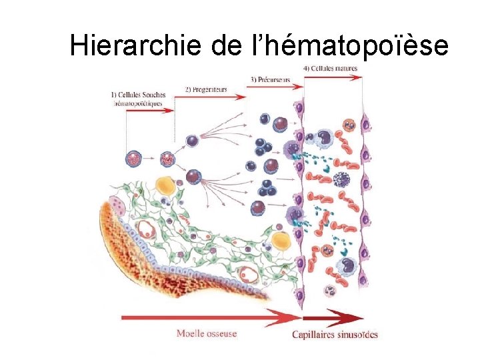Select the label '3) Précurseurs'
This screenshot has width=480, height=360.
[270, 79]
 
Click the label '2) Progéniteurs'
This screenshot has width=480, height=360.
[206, 89]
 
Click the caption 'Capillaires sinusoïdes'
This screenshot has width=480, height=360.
[335, 334]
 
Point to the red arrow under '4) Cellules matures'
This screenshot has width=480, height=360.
[333, 77]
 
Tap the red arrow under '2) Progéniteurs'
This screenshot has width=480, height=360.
[211, 97]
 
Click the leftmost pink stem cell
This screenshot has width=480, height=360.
[133, 159]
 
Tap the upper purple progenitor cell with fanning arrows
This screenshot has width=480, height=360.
[192, 141]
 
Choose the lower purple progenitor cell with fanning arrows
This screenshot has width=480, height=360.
[194, 177]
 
